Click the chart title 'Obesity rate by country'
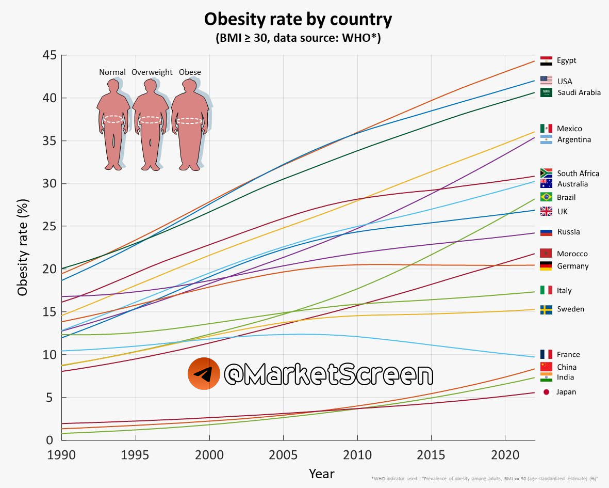click(x=298, y=20)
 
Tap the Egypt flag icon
click(x=546, y=61)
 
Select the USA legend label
click(x=564, y=82)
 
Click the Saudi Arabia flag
click(x=546, y=92)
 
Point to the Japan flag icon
click(x=546, y=392)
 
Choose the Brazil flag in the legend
click(x=546, y=197)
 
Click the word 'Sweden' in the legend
click(x=567, y=309)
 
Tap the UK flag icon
click(x=546, y=211)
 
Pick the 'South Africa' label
click(x=578, y=174)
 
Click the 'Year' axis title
click(x=322, y=474)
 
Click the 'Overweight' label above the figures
click(x=152, y=72)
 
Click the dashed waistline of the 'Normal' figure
click(x=113, y=119)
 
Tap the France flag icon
click(x=546, y=354)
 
